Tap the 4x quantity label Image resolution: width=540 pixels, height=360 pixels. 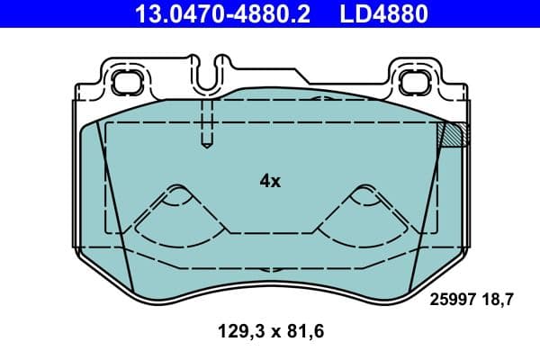(270, 181)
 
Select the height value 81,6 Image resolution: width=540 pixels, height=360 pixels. (303, 332)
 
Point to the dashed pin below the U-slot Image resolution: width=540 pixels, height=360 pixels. (206, 121)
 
